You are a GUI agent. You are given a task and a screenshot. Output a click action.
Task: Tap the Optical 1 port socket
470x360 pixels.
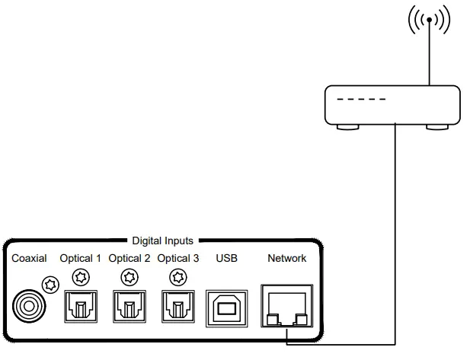click(x=81, y=307)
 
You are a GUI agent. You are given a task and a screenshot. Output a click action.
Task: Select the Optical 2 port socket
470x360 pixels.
click(x=129, y=307)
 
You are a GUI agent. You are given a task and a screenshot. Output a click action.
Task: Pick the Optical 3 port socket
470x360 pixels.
click(x=178, y=307)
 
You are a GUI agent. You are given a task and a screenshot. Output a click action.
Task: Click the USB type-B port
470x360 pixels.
click(x=227, y=307)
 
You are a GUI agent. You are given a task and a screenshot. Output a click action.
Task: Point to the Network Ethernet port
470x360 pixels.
click(x=286, y=307)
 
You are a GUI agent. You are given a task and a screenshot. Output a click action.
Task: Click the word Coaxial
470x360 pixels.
click(x=30, y=259)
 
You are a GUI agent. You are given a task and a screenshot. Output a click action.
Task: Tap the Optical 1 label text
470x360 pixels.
click(x=81, y=259)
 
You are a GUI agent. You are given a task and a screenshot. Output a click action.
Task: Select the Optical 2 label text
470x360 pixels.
click(x=129, y=259)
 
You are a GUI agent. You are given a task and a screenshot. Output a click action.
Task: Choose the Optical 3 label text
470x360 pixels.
click(x=178, y=259)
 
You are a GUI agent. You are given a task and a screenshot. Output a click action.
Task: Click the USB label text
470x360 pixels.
click(x=227, y=259)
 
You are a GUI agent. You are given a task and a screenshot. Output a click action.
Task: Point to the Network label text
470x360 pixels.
click(x=287, y=259)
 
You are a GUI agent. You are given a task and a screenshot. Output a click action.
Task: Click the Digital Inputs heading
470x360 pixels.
click(x=162, y=241)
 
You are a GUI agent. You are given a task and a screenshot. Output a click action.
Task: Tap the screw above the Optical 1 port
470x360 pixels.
click(x=81, y=276)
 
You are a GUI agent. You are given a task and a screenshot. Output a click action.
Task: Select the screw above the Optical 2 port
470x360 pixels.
click(x=129, y=276)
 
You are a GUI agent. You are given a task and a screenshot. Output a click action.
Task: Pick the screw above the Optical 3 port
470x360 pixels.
click(x=178, y=276)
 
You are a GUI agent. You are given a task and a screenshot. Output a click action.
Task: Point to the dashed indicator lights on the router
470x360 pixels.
click(x=362, y=100)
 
